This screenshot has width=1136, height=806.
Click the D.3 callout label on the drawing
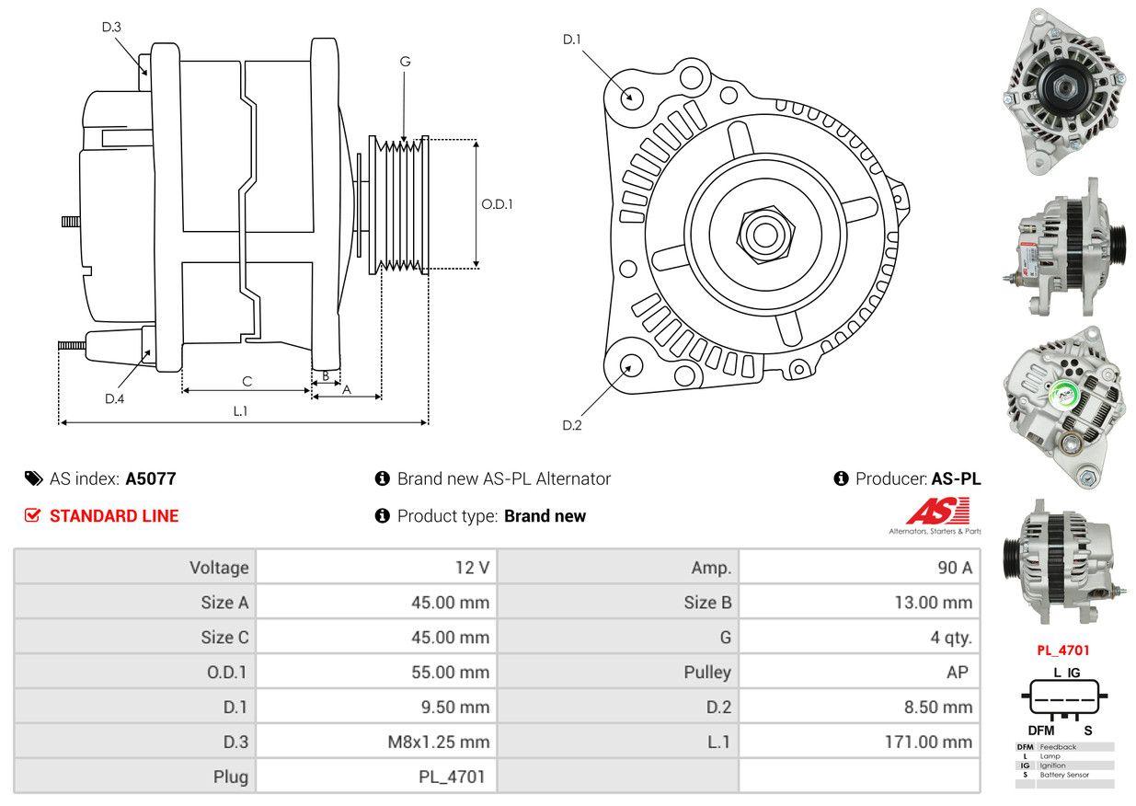tap(111, 28)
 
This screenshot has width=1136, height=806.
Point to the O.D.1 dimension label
tap(497, 204)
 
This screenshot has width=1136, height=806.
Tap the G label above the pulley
tap(405, 62)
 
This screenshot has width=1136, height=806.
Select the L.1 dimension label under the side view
tap(240, 411)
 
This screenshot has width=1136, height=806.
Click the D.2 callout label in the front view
tap(572, 425)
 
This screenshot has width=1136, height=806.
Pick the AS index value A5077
tap(151, 478)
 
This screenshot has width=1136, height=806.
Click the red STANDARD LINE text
tap(114, 516)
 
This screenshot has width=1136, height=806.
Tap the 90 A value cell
tap(860, 568)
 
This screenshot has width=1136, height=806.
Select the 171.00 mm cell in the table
tap(860, 742)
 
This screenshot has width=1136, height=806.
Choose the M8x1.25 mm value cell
tap(376, 742)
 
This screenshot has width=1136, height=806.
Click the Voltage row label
tap(135, 568)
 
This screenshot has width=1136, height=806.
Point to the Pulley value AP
tap(860, 672)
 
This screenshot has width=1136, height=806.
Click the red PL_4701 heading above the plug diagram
tap(1062, 650)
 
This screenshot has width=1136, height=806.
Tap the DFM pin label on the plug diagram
tap(1040, 731)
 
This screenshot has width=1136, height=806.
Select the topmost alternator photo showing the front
tap(1063, 91)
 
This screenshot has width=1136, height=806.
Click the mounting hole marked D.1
tap(631, 97)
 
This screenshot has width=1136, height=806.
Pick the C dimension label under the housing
tap(247, 381)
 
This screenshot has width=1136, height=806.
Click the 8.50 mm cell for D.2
tap(860, 707)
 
